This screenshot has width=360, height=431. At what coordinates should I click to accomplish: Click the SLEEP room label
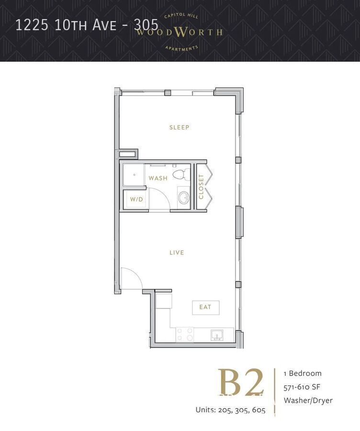tap(180, 127)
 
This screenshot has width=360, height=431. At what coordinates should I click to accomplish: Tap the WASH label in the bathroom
tap(158, 178)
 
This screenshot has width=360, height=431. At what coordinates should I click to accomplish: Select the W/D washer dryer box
tap(136, 199)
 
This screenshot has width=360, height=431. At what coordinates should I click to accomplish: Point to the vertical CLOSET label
tap(201, 187)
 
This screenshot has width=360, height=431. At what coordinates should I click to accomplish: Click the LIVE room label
tap(177, 252)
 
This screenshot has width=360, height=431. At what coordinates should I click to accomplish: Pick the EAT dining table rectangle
tap(205, 307)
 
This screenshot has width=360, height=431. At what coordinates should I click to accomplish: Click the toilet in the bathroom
tap(180, 174)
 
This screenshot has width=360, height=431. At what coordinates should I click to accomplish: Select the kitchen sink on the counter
tap(216, 335)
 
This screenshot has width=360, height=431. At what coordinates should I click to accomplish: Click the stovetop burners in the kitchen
tap(184, 334)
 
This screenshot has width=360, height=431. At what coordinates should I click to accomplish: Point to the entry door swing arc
tap(131, 277)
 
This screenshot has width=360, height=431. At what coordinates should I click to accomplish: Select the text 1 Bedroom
tap(303, 373)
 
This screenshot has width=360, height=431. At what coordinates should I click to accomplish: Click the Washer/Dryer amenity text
tap(308, 400)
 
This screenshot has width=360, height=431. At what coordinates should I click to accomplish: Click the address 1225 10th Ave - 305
tap(87, 24)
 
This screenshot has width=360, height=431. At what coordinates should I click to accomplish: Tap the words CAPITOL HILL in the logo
tap(181, 16)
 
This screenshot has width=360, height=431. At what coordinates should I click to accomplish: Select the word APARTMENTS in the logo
tap(181, 48)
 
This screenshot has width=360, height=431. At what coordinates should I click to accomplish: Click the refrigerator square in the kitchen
tap(163, 301)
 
